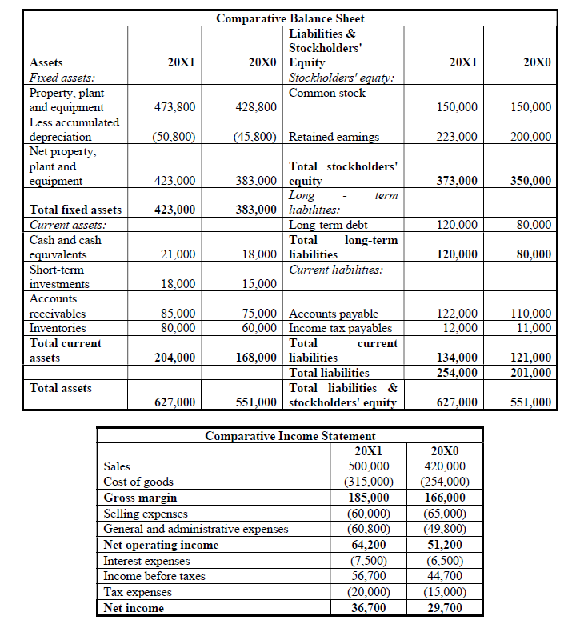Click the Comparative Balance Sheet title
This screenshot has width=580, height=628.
[x=290, y=18]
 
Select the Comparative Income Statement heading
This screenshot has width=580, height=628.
[x=290, y=436]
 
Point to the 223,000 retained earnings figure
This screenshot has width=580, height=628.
[x=458, y=137]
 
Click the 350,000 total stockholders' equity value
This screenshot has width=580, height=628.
[x=531, y=182]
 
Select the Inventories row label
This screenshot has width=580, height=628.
[x=58, y=328]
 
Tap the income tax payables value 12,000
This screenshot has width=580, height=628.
[x=462, y=328]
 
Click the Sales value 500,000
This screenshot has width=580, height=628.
[x=370, y=466]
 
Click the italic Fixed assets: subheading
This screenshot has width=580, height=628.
[x=62, y=78]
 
